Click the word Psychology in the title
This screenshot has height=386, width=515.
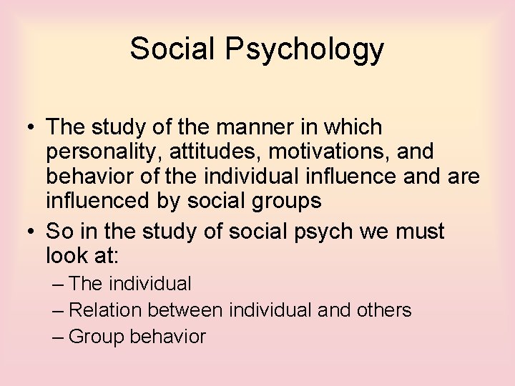(x=305, y=49)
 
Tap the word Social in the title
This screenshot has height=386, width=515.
(x=173, y=49)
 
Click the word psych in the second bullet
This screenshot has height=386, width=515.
(x=315, y=232)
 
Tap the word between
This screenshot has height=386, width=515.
(x=185, y=310)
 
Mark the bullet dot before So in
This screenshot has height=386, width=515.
(x=29, y=232)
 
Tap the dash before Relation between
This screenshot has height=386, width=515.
(x=58, y=310)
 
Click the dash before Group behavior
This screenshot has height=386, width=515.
(x=58, y=337)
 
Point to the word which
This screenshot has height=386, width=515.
(x=352, y=127)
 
